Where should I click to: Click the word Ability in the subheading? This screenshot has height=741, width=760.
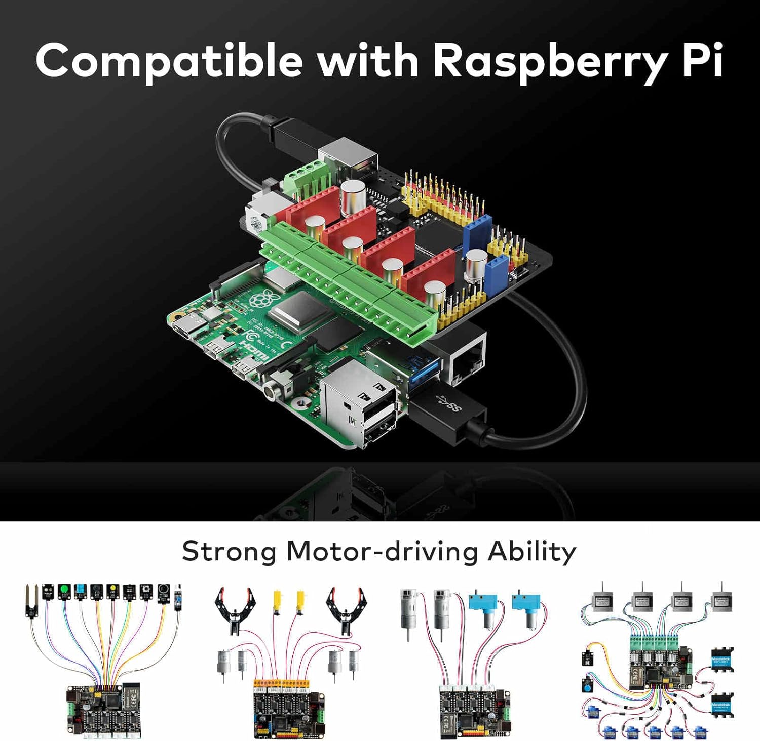point(531,551)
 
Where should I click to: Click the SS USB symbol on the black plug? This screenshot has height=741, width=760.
point(448,404)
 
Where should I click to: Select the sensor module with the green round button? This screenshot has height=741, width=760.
point(64,591)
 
